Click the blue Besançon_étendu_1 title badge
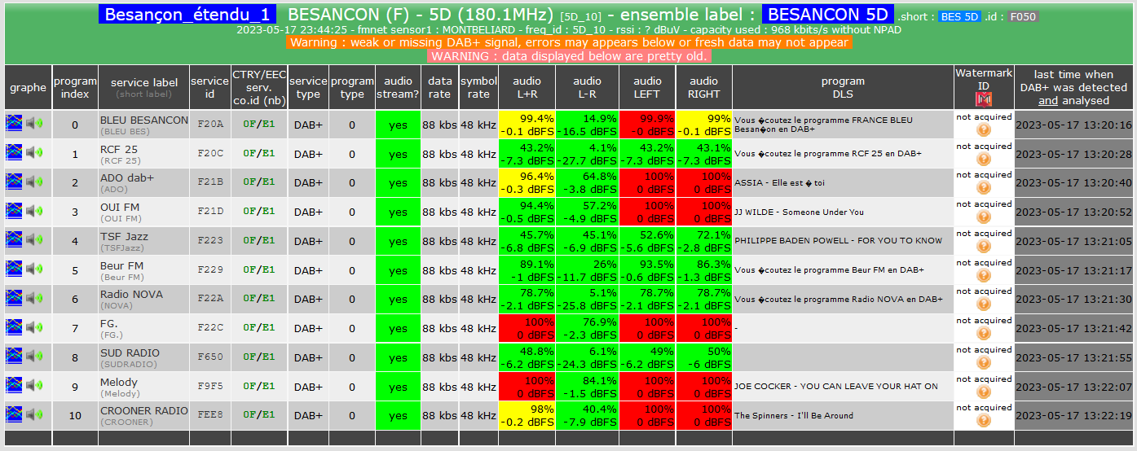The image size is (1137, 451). tap(187, 15)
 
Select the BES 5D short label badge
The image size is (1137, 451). tap(959, 17)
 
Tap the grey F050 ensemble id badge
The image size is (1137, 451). tap(1023, 17)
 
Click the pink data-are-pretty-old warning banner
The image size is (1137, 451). tap(569, 56)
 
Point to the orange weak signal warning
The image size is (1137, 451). tap(569, 42)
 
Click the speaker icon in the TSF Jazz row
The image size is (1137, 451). tap(34, 239)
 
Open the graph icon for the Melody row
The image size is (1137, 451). tap(14, 385)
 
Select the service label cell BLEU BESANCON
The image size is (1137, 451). tap(144, 125)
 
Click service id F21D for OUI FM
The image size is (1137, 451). tap(210, 212)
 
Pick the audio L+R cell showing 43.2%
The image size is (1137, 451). tap(527, 154)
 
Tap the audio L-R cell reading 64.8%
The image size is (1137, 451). tap(588, 182)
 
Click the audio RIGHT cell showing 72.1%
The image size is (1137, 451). tap(703, 241)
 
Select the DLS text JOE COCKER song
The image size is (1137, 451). tap(836, 386)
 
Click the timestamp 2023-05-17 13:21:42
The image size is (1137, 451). tap(1073, 328)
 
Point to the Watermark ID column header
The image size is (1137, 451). tap(984, 87)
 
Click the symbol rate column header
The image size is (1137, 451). tap(478, 87)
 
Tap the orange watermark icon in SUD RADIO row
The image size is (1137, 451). tap(984, 363)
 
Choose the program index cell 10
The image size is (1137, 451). tap(75, 415)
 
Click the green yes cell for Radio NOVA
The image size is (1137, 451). tap(398, 299)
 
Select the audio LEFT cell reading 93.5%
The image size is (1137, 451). tap(647, 270)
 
